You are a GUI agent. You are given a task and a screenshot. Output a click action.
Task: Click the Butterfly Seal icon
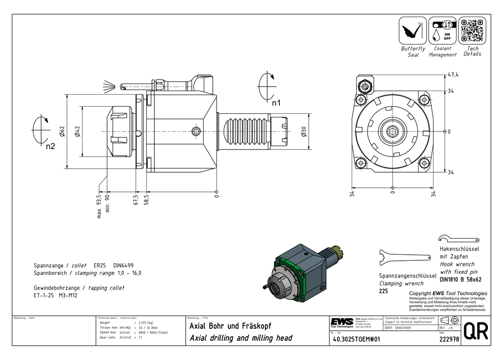point(412,31)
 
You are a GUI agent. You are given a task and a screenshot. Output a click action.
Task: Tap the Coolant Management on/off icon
point(442,31)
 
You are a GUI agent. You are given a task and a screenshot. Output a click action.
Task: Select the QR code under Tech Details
point(472,31)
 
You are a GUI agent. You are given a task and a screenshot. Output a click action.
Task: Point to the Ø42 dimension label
point(77,132)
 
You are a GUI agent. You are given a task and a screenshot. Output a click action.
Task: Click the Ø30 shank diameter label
point(303,131)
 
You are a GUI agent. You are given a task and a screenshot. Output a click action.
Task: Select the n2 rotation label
point(49,147)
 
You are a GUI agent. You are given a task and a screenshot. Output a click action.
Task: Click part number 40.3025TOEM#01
point(357,339)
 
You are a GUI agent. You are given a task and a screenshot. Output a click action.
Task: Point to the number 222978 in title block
point(449,339)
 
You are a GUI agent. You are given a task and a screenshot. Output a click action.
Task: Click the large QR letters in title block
point(475,331)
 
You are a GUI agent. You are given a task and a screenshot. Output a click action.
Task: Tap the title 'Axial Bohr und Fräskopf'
point(230,326)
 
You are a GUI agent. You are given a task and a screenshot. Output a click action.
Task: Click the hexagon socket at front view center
point(392,131)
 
